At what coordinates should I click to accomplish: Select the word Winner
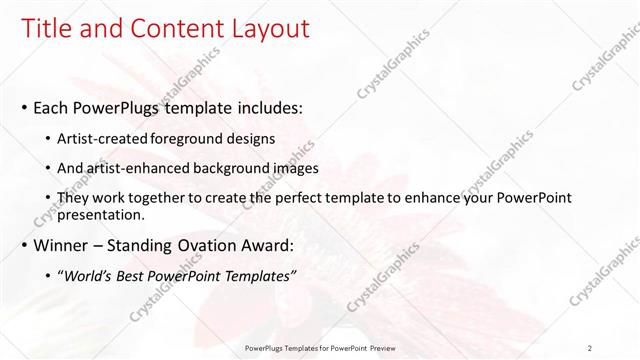click(x=61, y=245)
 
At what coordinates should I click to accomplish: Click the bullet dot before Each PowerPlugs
click(x=24, y=108)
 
